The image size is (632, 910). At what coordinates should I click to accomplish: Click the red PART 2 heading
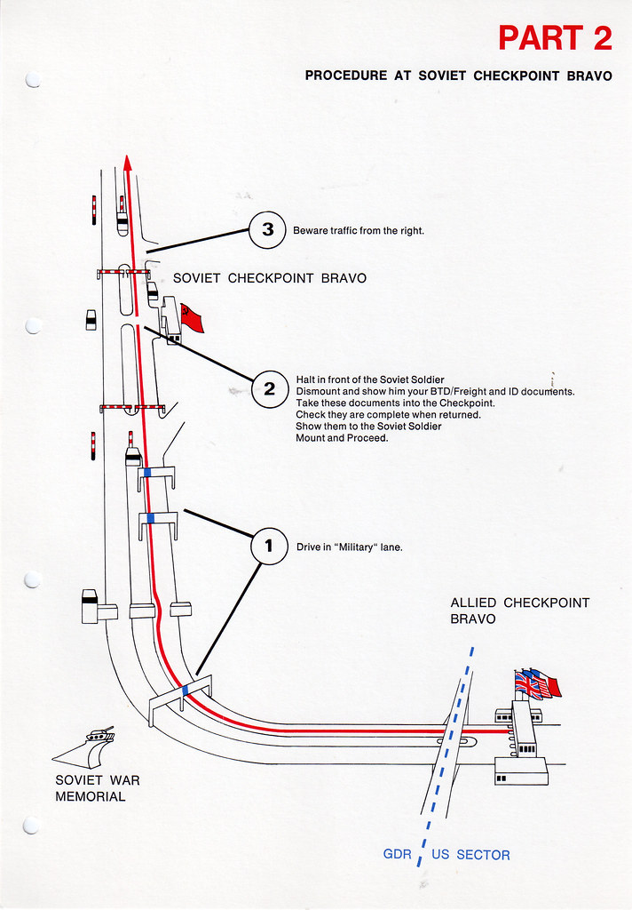554,38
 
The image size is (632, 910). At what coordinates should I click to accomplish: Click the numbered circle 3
267,230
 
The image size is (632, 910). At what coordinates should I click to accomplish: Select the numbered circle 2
269,389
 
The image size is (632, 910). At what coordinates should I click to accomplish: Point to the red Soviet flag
192,317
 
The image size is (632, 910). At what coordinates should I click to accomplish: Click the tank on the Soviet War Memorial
100,735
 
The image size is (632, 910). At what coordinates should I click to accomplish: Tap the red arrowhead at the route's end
128,164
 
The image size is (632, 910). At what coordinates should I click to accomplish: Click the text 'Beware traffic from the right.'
359,231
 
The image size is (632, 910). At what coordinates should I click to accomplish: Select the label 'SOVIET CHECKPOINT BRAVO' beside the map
269,278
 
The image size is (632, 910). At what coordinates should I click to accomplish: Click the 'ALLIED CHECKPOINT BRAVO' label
519,610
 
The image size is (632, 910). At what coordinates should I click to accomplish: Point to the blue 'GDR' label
397,855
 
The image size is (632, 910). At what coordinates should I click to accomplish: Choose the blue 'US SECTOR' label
470,855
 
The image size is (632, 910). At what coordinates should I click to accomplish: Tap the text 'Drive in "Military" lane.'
349,547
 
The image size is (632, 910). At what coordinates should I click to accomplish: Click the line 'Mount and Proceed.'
342,438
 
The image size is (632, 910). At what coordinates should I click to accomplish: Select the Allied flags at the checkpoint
536,683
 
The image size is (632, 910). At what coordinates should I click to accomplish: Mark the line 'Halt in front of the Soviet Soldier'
369,380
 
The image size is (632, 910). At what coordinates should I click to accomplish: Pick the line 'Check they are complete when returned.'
388,415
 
